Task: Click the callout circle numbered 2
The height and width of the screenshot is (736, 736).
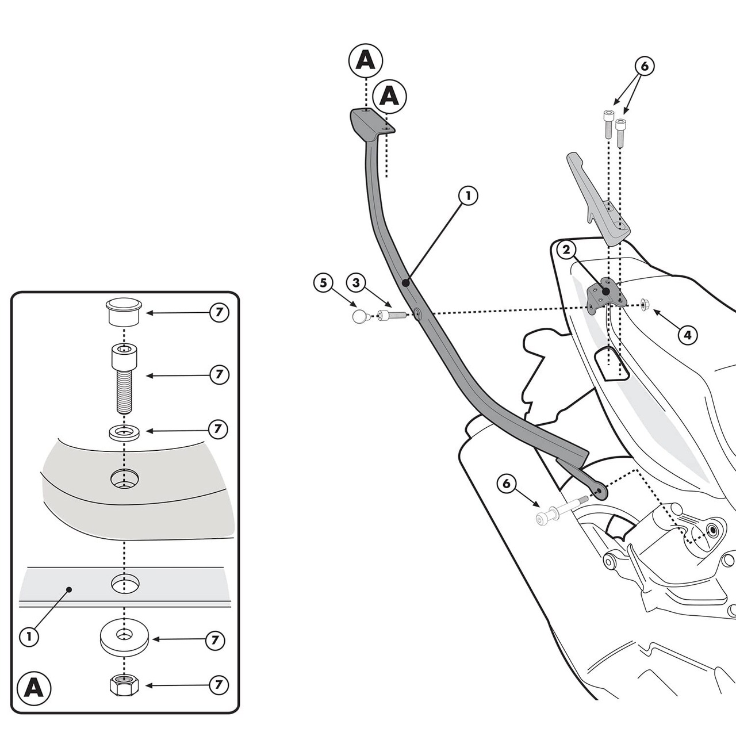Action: [566, 250]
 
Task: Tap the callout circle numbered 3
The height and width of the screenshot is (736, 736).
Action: [356, 282]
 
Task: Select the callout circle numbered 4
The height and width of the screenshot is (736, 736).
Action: [688, 334]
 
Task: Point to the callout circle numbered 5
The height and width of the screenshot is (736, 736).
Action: [323, 282]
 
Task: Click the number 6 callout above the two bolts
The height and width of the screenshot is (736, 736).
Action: [644, 66]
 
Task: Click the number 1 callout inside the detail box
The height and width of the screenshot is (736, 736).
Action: [29, 636]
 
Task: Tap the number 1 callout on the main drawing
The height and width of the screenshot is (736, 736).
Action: [468, 195]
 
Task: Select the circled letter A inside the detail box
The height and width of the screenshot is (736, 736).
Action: [34, 688]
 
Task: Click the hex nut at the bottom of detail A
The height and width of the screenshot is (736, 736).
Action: [125, 685]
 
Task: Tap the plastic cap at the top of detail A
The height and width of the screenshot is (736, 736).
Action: [124, 312]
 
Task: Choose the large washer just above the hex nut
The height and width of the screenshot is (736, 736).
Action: [124, 637]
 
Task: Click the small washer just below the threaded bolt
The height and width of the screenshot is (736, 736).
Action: [124, 432]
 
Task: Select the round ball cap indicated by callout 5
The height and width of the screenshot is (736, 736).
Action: [360, 316]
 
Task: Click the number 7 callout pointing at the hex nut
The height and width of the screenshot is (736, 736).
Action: [218, 685]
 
